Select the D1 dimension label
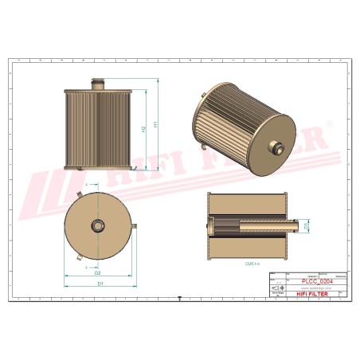(100, 283)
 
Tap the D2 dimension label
(96, 272)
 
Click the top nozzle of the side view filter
(99, 82)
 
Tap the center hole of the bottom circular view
(99, 226)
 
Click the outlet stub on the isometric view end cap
(276, 145)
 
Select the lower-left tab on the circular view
(80, 259)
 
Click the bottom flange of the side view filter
(99, 166)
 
